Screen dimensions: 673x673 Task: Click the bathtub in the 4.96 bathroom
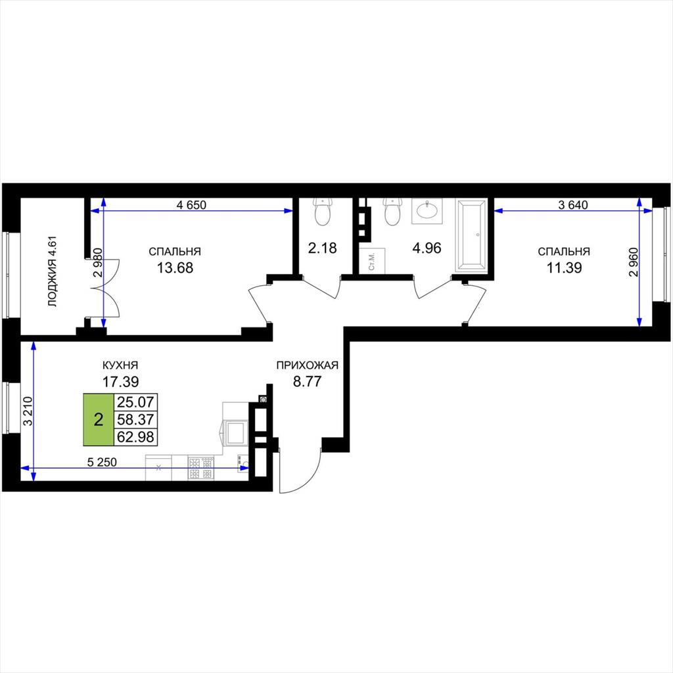tap(471, 235)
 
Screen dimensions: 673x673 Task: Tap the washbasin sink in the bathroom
tap(425, 211)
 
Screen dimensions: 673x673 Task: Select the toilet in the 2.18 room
tap(322, 212)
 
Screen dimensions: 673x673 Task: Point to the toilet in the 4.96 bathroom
tap(392, 212)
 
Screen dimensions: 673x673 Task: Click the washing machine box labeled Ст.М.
tap(373, 260)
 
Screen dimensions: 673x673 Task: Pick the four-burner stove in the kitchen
tap(201, 468)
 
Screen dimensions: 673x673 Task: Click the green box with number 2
tap(99, 419)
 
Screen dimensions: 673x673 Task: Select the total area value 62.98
tap(135, 437)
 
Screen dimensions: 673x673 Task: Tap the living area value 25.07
tap(135, 402)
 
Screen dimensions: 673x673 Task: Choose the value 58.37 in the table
tap(135, 419)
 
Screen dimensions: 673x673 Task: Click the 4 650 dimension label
tap(191, 205)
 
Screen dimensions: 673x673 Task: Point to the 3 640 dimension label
tap(573, 205)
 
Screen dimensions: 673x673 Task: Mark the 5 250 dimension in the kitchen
tap(102, 462)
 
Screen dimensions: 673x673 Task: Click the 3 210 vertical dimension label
tap(28, 411)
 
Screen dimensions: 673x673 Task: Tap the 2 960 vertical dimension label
tap(634, 262)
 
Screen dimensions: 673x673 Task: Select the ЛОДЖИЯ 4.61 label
tap(52, 271)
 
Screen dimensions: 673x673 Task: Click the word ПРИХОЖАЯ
tap(308, 365)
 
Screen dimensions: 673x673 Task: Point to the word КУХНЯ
tap(120, 365)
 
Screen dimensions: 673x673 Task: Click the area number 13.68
tap(175, 268)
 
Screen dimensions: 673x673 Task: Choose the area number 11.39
tap(564, 268)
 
